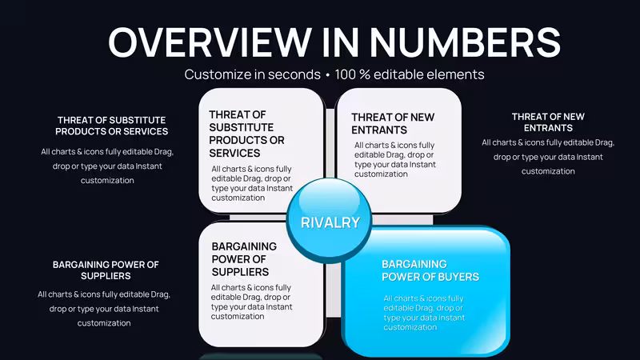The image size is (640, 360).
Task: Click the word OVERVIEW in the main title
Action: click(x=210, y=42)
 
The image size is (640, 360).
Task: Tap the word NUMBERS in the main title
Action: click(x=466, y=42)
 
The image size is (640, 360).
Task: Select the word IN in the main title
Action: click(x=341, y=42)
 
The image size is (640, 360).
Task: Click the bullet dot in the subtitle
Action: click(x=327, y=75)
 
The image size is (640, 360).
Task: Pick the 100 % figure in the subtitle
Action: click(x=352, y=74)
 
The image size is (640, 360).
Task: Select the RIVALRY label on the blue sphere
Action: click(x=330, y=222)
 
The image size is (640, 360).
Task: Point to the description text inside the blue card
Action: click(x=424, y=313)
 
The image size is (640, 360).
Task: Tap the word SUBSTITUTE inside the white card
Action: click(x=242, y=127)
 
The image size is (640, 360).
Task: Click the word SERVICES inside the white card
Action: click(x=234, y=153)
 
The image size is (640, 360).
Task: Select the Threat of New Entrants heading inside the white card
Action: click(x=393, y=123)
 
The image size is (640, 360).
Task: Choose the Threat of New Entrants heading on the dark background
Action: click(x=548, y=122)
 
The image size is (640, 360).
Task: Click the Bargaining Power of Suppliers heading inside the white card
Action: click(x=244, y=259)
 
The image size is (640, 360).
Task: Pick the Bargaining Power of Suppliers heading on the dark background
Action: click(x=106, y=270)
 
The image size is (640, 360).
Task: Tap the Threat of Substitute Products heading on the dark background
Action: click(x=111, y=126)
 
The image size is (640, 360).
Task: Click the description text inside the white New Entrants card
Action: click(x=394, y=159)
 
